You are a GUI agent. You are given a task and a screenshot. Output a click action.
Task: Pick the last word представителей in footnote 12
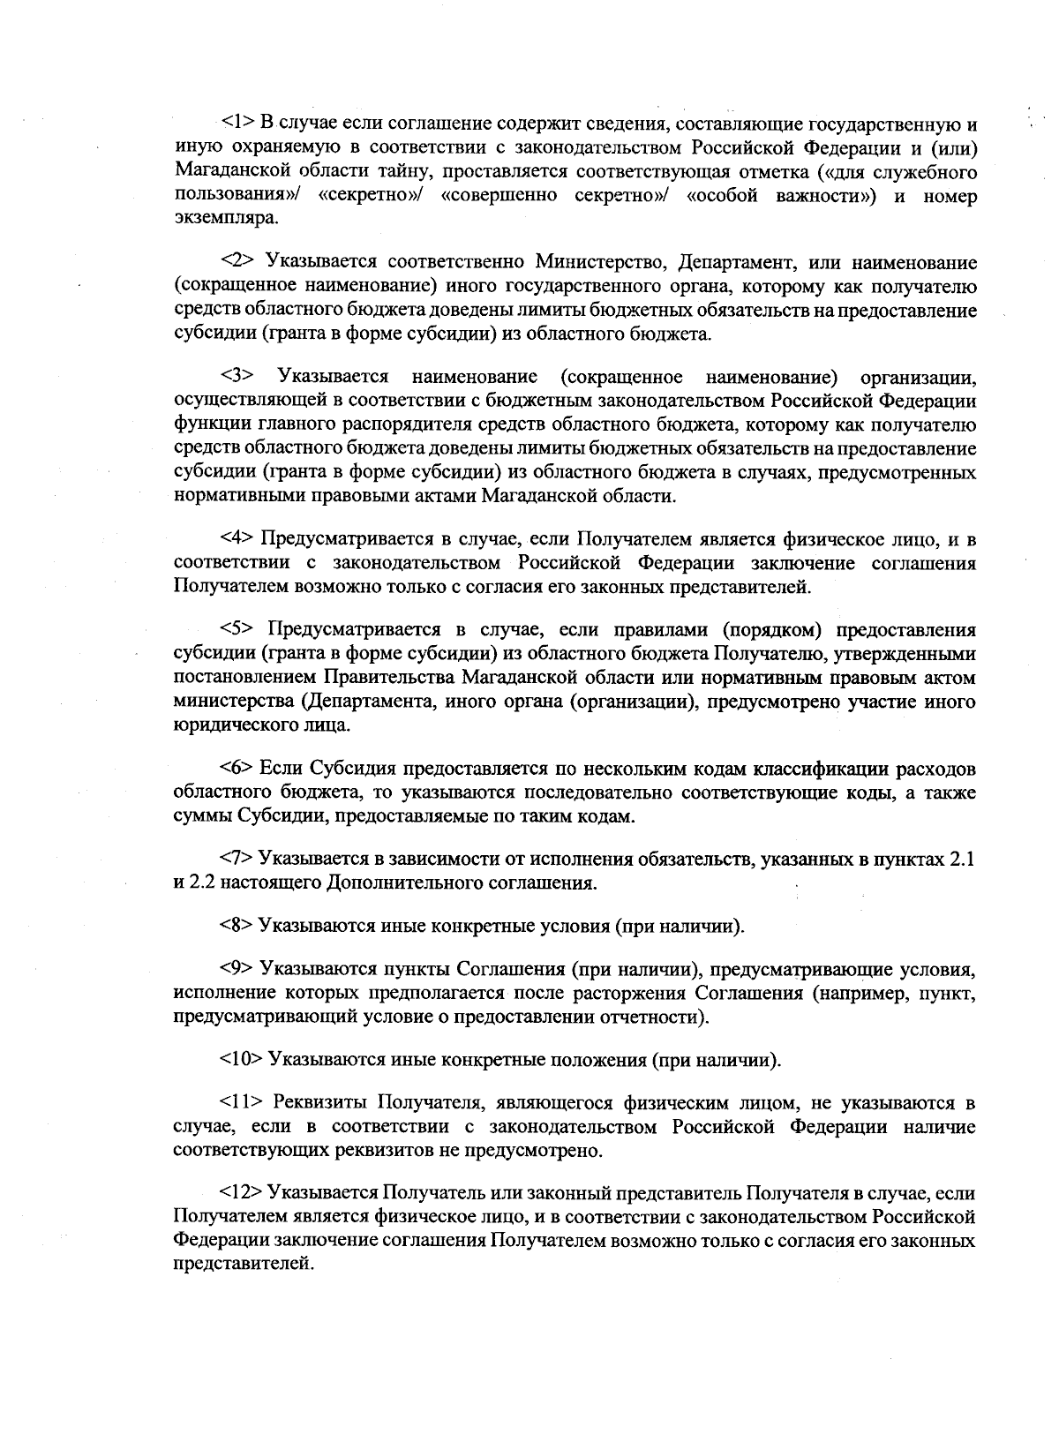[243, 1265]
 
